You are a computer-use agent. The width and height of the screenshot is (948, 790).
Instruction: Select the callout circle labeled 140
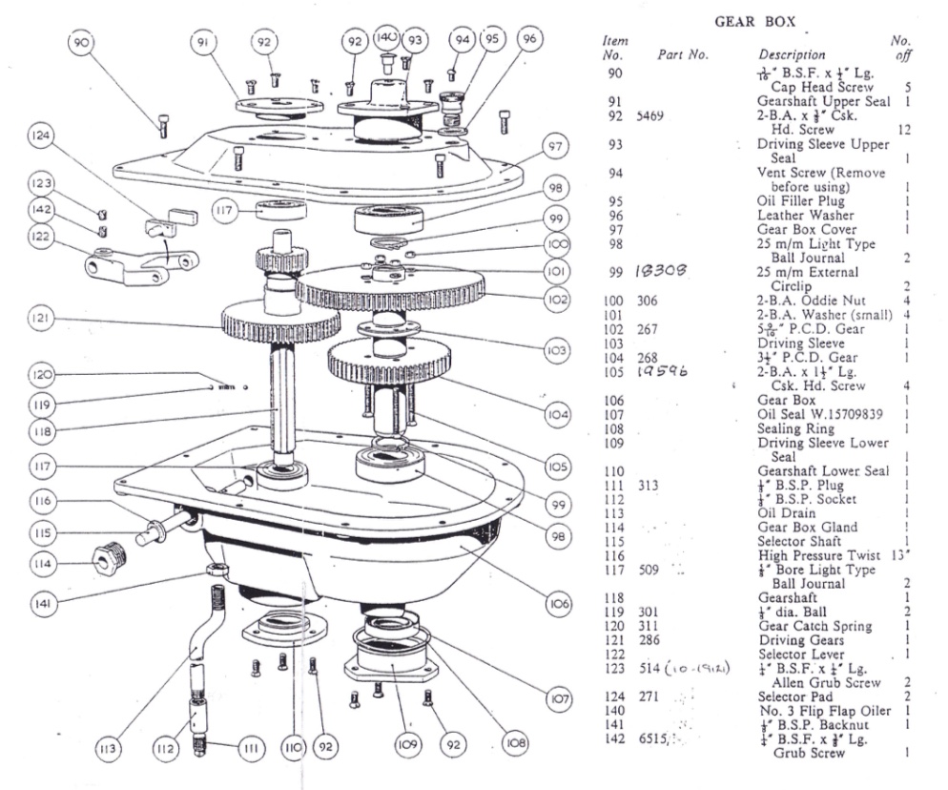385,38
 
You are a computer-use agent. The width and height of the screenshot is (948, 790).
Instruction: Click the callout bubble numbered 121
39,318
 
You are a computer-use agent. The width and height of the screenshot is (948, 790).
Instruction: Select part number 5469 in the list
652,115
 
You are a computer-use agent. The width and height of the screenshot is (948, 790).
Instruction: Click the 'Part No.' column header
683,55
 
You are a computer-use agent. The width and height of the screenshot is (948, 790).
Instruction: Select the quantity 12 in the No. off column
903,130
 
